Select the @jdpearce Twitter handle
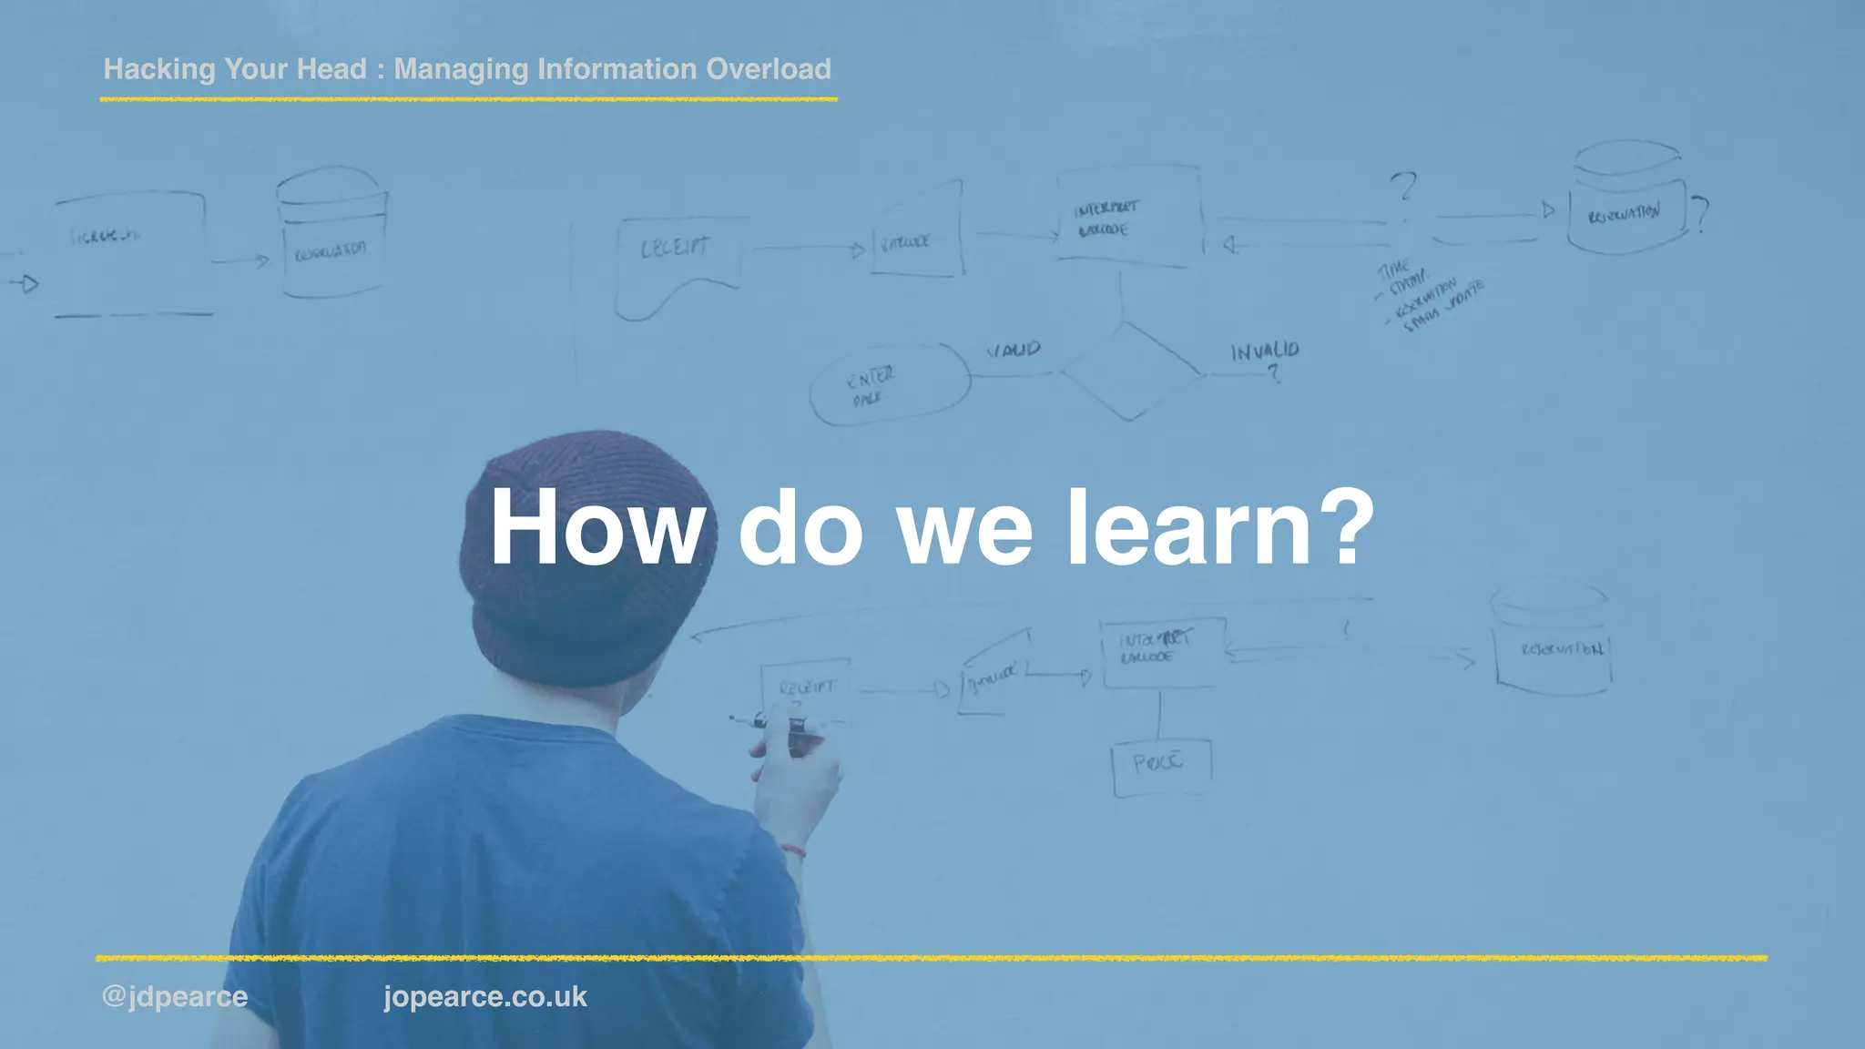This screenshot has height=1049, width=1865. tap(175, 996)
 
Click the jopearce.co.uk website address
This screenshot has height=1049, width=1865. tap(485, 996)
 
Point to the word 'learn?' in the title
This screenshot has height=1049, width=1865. tap(1220, 528)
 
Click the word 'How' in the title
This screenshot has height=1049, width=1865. tap(597, 528)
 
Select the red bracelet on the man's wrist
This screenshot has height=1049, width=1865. tap(793, 850)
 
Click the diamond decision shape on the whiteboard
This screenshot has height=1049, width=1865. tap(1130, 371)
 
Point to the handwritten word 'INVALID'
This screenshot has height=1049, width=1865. tap(1265, 351)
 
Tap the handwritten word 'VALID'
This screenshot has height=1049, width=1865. tap(1014, 350)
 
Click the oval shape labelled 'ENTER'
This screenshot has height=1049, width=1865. tap(890, 384)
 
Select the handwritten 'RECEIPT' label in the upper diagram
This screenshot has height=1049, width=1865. tap(675, 248)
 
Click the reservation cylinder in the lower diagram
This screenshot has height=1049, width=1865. tap(1552, 642)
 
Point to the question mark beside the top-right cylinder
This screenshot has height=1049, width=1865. tap(1699, 215)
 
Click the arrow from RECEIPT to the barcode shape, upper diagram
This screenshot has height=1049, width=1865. tap(807, 248)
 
